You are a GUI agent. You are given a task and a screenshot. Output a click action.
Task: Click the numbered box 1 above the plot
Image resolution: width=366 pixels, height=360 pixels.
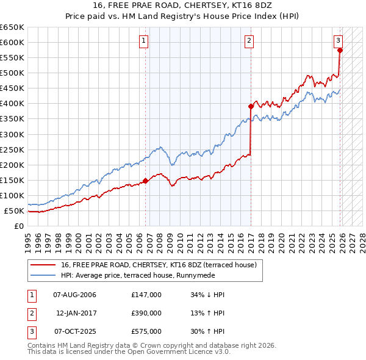pos(144,41)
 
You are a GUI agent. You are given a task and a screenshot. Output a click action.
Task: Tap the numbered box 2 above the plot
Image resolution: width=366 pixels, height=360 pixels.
pos(249,41)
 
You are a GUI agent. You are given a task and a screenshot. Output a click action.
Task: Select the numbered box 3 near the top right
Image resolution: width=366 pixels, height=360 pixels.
pos(338,41)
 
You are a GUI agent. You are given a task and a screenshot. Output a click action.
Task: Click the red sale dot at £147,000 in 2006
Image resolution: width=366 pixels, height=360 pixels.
pos(145,181)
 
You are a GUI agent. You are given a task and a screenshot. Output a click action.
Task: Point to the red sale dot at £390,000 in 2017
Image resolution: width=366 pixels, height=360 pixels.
pos(251,106)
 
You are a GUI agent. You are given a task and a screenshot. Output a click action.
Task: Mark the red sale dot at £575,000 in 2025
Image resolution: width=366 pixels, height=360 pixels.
pos(340,50)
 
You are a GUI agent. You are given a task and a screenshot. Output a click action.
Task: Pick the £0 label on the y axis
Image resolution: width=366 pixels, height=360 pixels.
pos(20,226)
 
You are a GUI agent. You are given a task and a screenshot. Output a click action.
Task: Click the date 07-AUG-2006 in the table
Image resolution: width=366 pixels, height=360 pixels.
pos(74,295)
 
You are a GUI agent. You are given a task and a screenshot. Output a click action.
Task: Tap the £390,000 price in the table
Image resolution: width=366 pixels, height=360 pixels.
pos(146,313)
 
